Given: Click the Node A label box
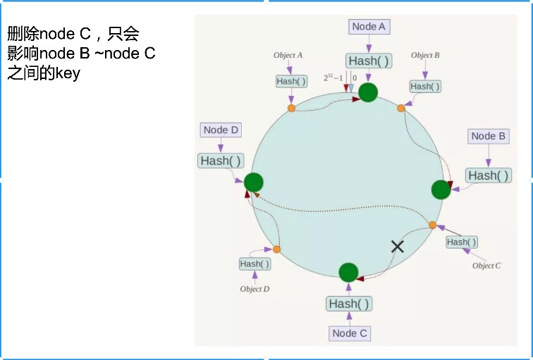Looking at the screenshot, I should [x=369, y=27].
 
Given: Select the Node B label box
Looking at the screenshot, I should [x=488, y=136].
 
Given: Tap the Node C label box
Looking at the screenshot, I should [x=350, y=333].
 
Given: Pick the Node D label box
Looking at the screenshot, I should [x=221, y=130].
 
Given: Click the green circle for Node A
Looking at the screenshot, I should [x=368, y=92].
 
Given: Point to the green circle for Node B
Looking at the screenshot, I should [x=441, y=190].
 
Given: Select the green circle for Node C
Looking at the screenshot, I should [x=348, y=272].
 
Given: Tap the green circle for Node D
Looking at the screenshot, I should [x=254, y=182].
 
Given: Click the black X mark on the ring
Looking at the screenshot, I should [x=398, y=246].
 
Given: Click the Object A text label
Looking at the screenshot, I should [x=288, y=55].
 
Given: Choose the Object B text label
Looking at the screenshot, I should [x=426, y=55].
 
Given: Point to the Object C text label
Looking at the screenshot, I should [x=486, y=266].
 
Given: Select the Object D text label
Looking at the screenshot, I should [x=255, y=289].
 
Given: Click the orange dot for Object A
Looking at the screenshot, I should [x=291, y=108].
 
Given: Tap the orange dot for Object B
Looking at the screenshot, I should [x=400, y=108].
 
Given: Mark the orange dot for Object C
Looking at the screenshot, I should [x=433, y=225].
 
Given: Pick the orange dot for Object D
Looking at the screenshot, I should [x=276, y=249].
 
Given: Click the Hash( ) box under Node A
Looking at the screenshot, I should [x=368, y=61].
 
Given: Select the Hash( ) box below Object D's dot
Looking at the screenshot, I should [x=255, y=263].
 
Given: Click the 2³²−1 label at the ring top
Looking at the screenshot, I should [x=333, y=77].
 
